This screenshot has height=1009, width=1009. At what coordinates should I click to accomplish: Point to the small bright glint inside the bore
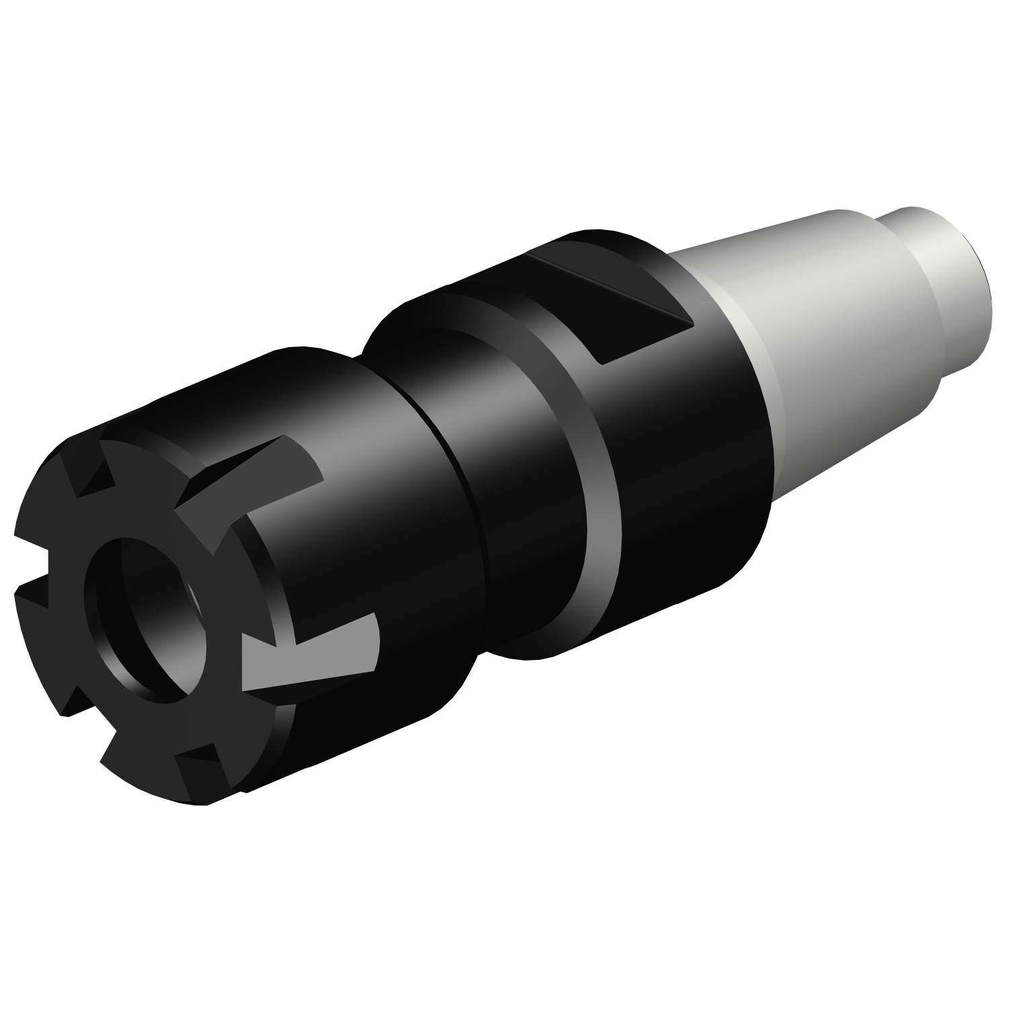[194, 595]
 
